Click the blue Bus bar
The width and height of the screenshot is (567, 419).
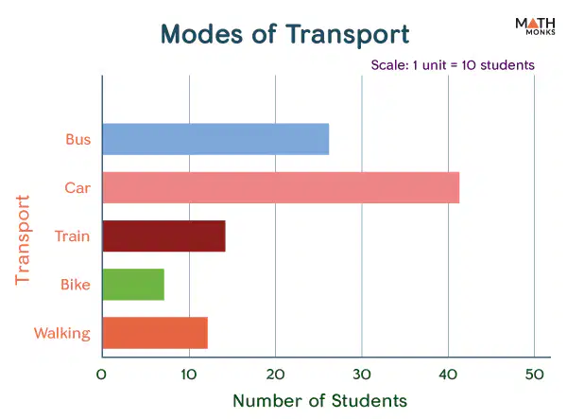(215, 139)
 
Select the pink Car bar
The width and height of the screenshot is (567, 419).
(281, 188)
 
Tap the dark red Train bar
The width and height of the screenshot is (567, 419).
(163, 236)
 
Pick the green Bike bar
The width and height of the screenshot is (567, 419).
(133, 285)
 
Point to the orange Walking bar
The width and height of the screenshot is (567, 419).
(155, 333)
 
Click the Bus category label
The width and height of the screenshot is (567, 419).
(78, 140)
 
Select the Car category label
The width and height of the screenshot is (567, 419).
(77, 188)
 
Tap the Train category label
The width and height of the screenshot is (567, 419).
(73, 236)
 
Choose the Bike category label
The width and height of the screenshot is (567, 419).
(76, 285)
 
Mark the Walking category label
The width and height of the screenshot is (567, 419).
(62, 334)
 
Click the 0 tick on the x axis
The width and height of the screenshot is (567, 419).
(101, 375)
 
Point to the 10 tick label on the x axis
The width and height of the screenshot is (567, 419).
(189, 375)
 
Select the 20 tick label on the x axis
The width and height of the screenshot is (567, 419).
(275, 375)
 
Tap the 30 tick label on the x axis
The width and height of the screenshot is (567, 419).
(362, 375)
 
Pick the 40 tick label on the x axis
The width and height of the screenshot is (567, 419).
(448, 375)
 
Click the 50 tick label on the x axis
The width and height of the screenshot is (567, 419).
(535, 375)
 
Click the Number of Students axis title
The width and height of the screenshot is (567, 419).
(320, 401)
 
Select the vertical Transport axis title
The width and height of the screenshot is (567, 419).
(23, 240)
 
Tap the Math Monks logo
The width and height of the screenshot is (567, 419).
(535, 26)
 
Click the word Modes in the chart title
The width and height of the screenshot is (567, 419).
(201, 35)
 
